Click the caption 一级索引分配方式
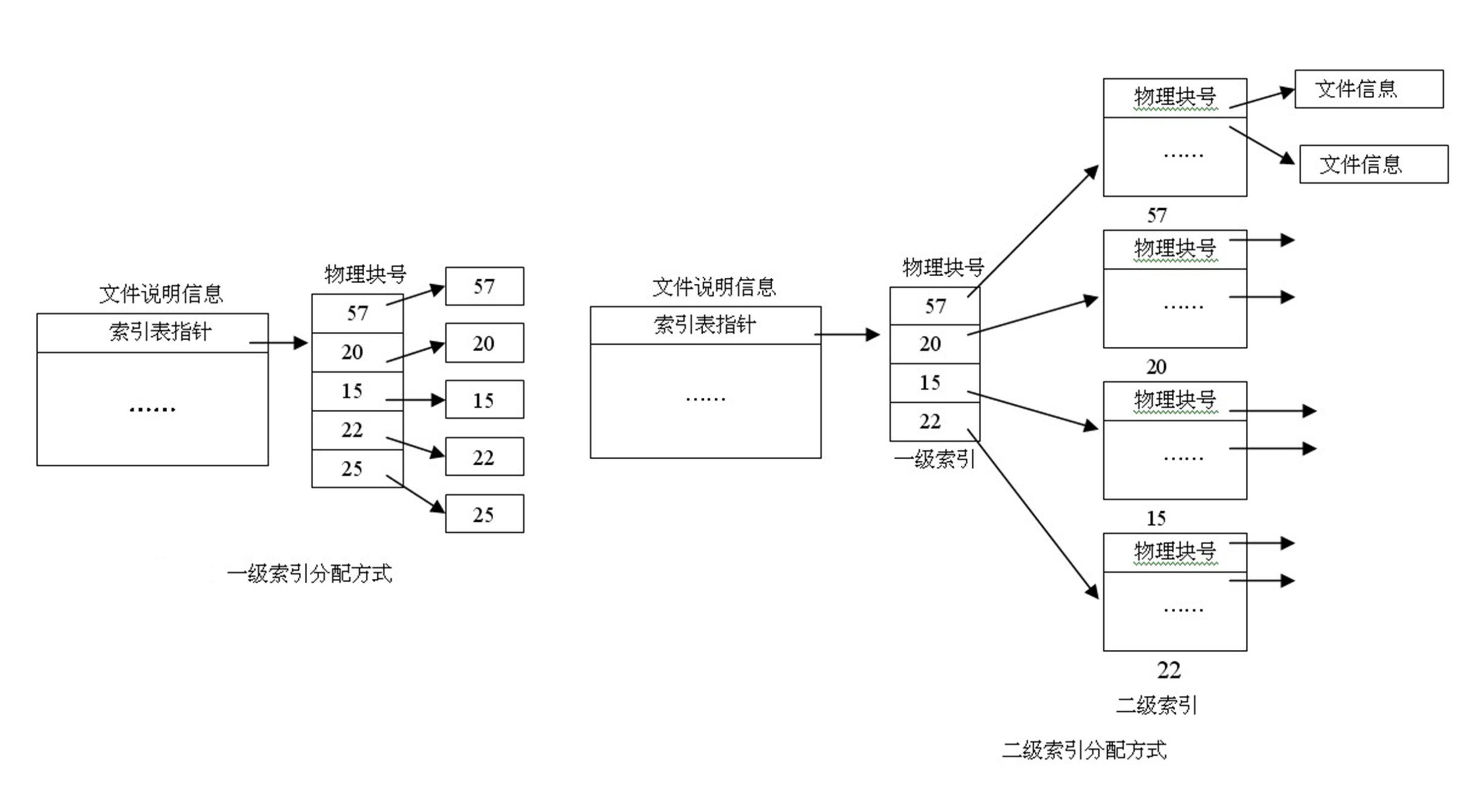[x=309, y=573]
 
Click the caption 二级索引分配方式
[x=1084, y=749]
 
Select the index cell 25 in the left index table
[x=352, y=469]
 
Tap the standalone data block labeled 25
[x=484, y=514]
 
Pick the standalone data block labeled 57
[x=484, y=286]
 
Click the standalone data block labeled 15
[x=484, y=399]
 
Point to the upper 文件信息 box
[x=1368, y=89]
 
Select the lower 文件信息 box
[x=1373, y=164]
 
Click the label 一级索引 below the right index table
[x=935, y=459]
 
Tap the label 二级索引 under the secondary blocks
[x=1156, y=705]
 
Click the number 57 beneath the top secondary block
[x=1157, y=215]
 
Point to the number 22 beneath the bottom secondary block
[x=1169, y=670]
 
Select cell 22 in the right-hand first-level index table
[x=931, y=422]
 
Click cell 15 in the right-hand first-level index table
[x=931, y=383]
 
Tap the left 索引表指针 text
[x=160, y=332]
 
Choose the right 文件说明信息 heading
[x=714, y=287]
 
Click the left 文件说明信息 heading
[x=161, y=294]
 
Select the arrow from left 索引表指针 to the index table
[x=279, y=343]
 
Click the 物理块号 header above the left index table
[x=365, y=275]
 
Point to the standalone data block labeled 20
[x=484, y=343]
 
